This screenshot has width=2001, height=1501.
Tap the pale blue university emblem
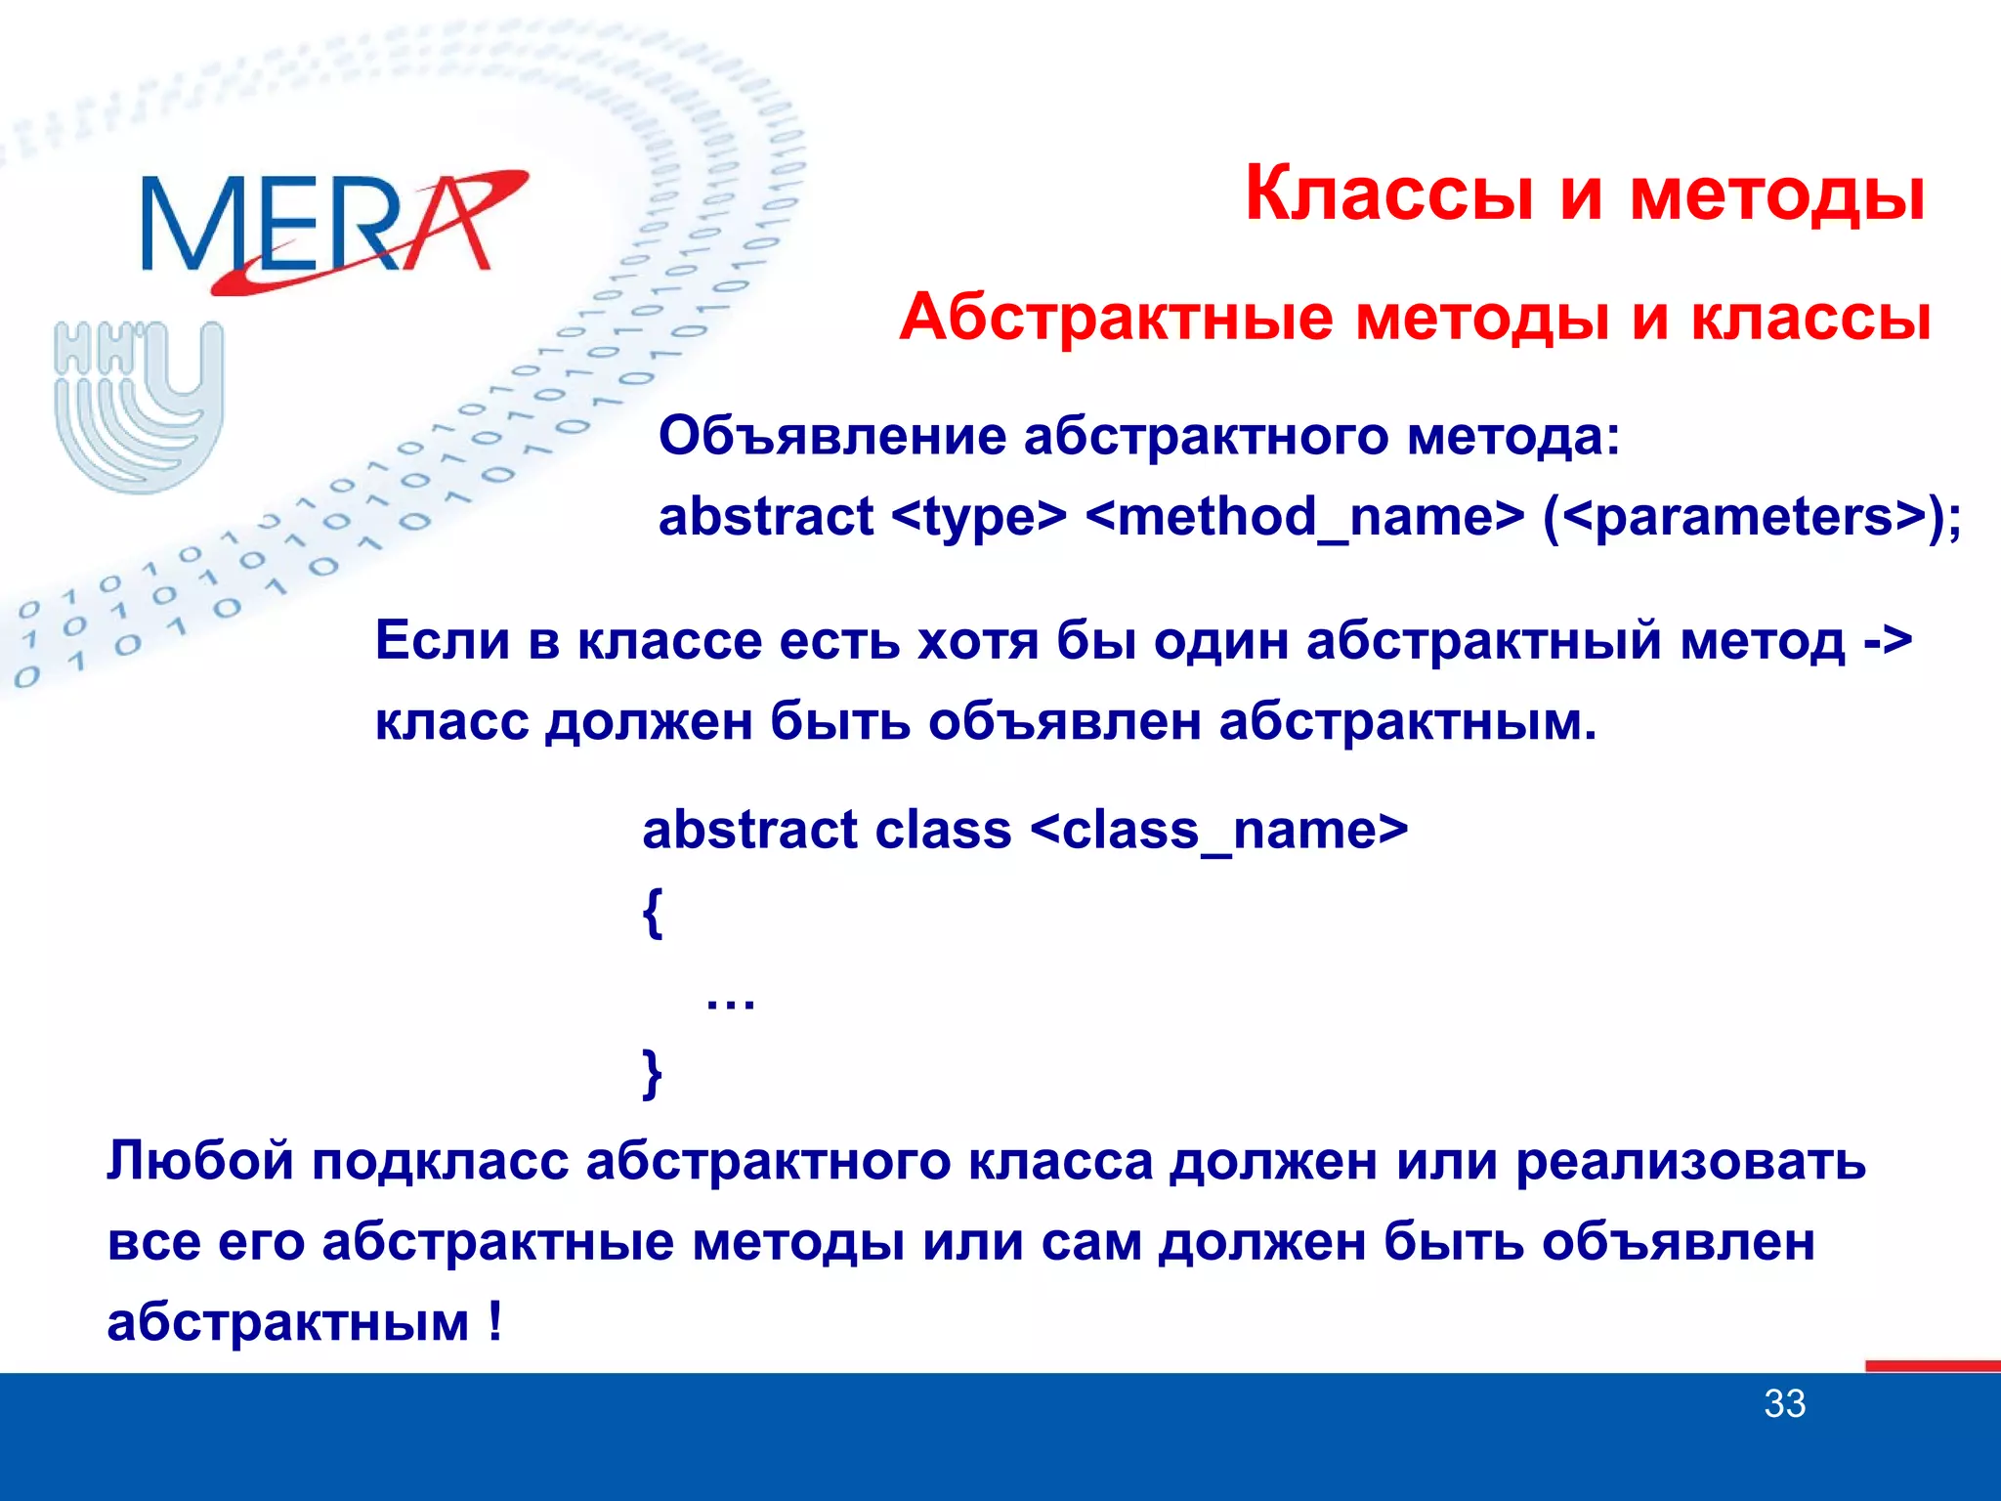coord(140,405)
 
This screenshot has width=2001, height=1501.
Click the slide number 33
coord(1784,1404)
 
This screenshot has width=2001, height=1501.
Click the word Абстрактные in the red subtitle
coord(1116,319)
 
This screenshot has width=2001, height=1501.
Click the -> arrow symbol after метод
coord(1887,642)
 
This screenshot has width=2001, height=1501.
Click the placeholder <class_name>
coord(1218,831)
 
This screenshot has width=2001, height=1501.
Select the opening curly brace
coord(653,913)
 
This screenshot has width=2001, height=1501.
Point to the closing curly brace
coord(653,1073)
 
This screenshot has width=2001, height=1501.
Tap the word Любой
coord(200,1162)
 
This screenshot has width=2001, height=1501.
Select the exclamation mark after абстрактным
coord(495,1322)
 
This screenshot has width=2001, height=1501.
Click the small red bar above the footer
coord(1933,1365)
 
